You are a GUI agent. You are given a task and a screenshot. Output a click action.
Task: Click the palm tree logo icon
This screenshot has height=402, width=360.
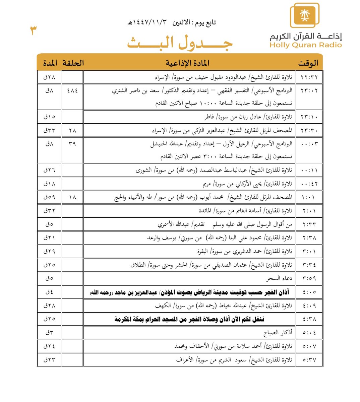point(304,15)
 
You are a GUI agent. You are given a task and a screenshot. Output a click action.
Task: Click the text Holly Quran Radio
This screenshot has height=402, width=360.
point(305,45)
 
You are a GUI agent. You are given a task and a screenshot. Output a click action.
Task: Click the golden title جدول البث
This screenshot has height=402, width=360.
point(180,43)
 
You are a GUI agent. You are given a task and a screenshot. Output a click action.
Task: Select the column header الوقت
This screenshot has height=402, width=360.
point(308,63)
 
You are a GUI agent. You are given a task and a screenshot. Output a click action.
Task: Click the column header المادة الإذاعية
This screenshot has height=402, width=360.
point(187,63)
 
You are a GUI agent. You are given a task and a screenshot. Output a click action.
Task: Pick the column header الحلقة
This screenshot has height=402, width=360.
point(73,63)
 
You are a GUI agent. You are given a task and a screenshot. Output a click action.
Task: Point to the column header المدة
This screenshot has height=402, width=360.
point(50,63)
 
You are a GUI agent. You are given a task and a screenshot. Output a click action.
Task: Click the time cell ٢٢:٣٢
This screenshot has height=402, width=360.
point(309,77)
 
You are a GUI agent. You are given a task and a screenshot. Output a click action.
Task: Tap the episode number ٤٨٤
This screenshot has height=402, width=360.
point(72,90)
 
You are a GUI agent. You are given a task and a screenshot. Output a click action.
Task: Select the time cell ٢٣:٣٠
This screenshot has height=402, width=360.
point(309,130)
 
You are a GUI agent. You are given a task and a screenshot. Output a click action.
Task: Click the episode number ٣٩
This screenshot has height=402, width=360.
point(72,144)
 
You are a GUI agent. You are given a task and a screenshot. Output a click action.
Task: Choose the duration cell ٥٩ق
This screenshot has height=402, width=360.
point(49,197)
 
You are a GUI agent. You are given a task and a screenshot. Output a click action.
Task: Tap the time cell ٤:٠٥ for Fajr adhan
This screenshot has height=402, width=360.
point(309,292)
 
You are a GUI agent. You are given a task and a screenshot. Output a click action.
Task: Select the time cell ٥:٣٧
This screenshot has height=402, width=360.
point(309,360)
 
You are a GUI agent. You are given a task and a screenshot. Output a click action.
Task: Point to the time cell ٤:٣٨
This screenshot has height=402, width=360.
point(309,319)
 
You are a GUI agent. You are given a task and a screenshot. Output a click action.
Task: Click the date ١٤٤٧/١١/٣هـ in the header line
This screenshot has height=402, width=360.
point(147,22)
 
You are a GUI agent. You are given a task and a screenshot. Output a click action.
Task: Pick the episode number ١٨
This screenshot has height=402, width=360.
point(72,197)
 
